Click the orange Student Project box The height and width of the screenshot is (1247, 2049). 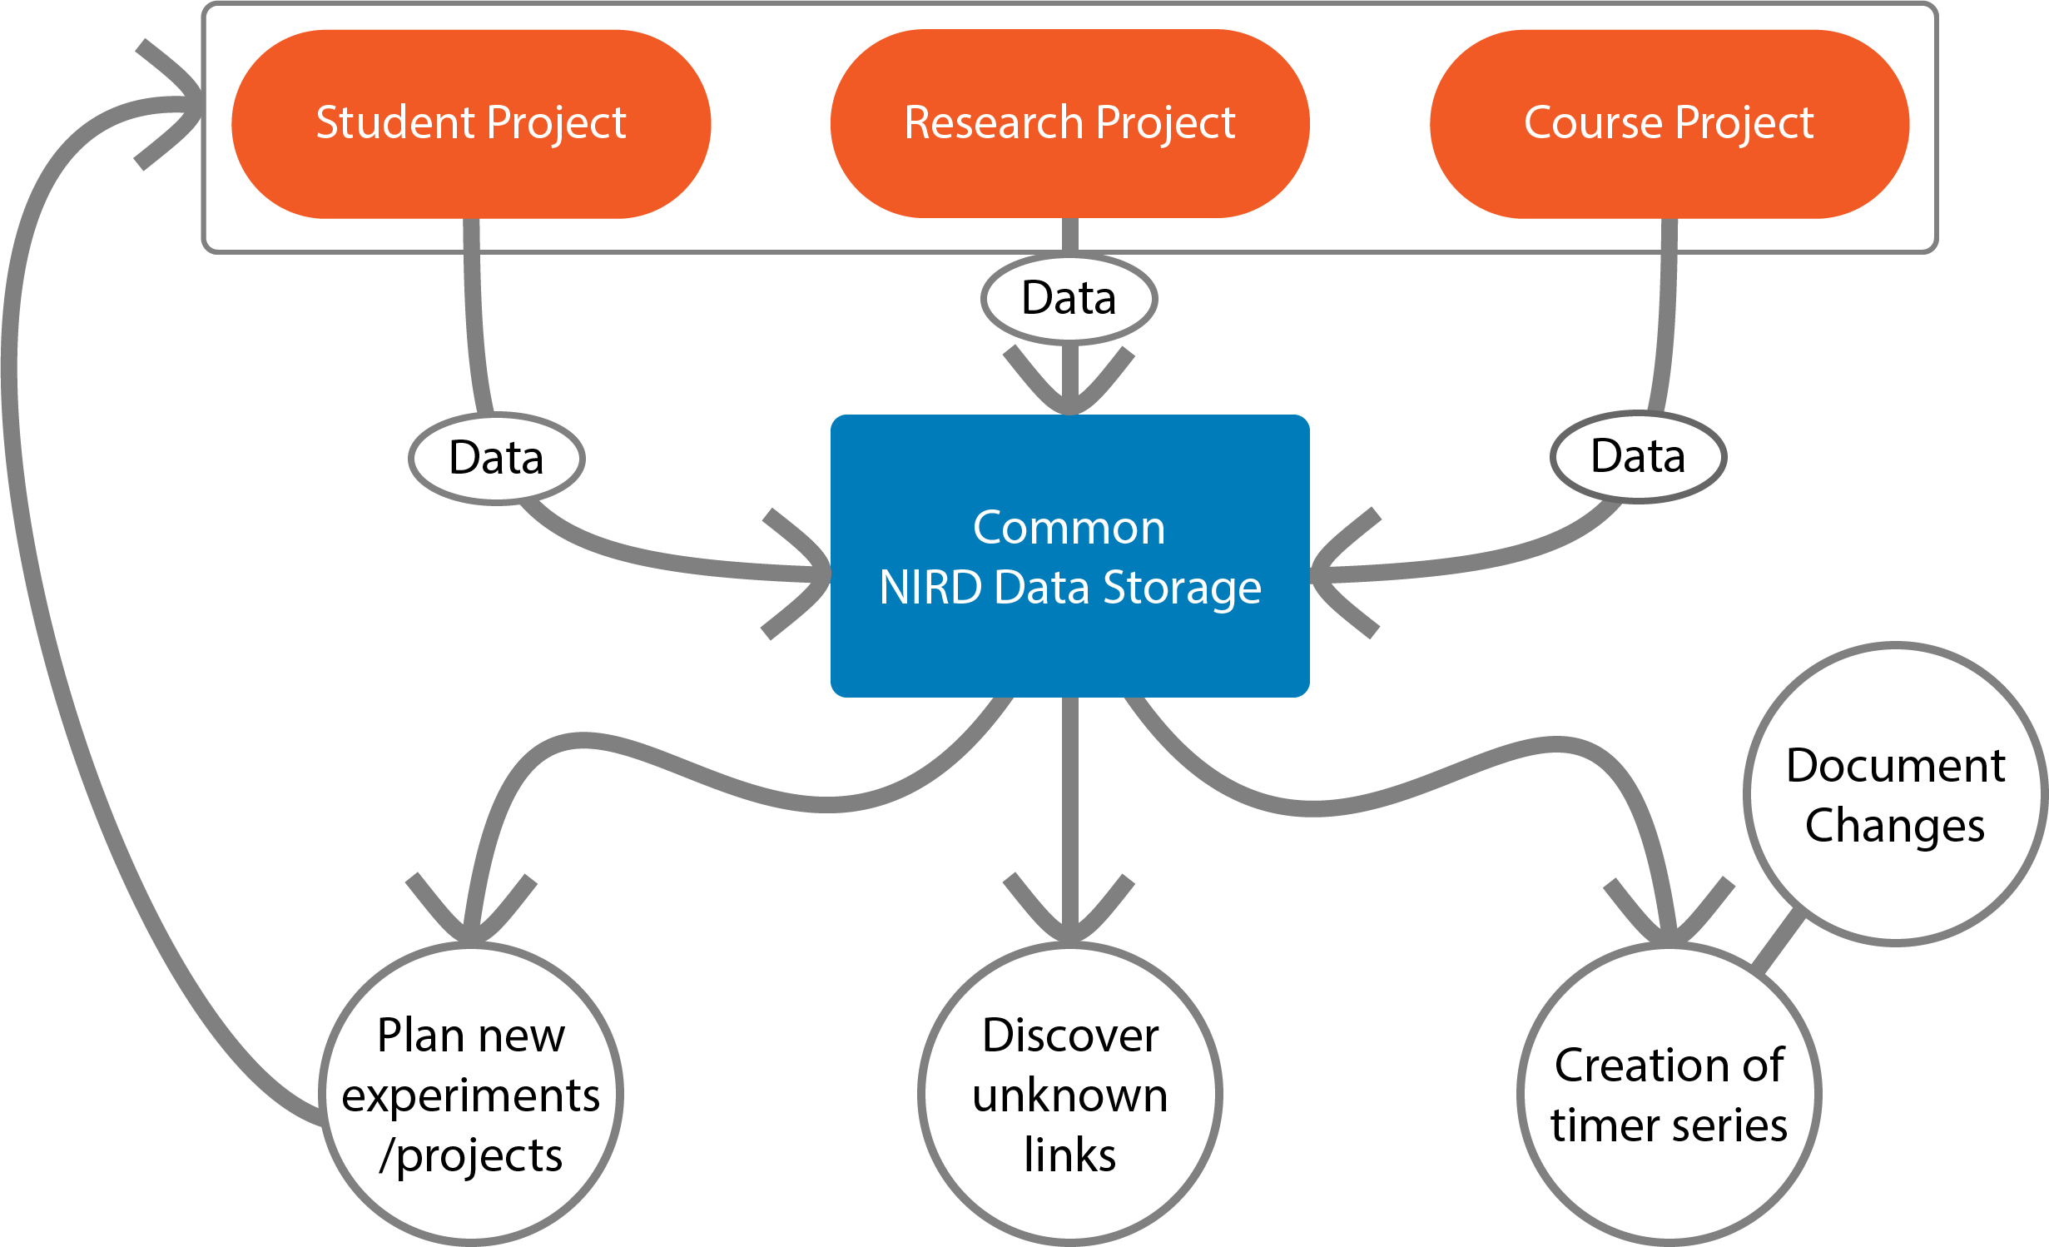pyautogui.click(x=471, y=124)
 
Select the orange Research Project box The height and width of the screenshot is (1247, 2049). pyautogui.click(x=1069, y=124)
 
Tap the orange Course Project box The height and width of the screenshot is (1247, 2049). pyautogui.click(x=1669, y=124)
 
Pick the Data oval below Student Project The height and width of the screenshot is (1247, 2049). pyautogui.click(x=497, y=458)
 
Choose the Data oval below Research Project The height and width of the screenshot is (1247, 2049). pyautogui.click(x=1069, y=299)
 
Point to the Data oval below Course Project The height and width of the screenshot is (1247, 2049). pyautogui.click(x=1638, y=457)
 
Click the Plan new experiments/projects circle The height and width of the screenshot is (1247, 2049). pyautogui.click(x=471, y=1094)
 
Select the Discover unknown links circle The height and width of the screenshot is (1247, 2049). pyautogui.click(x=1069, y=1094)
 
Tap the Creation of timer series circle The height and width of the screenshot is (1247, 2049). pyautogui.click(x=1669, y=1094)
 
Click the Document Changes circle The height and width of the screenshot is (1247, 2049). pyautogui.click(x=1895, y=795)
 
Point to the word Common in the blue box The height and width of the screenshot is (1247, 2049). pyautogui.click(x=1069, y=528)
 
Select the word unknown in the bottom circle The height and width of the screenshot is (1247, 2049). pyautogui.click(x=1069, y=1095)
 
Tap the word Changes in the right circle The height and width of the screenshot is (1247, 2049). pyautogui.click(x=1895, y=826)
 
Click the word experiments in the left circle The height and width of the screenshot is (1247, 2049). pyautogui.click(x=471, y=1095)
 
